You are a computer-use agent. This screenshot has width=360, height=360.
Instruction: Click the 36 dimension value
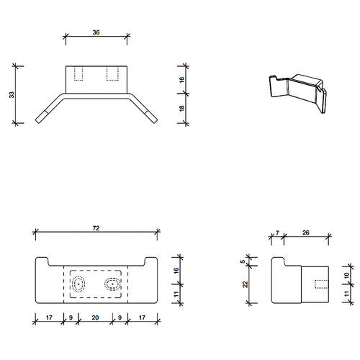click(x=96, y=31)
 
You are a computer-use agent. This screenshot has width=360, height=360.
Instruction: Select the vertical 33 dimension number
click(x=12, y=94)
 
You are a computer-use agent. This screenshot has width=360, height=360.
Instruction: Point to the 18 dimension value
click(x=182, y=109)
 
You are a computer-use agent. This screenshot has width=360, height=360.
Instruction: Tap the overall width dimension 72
click(x=96, y=228)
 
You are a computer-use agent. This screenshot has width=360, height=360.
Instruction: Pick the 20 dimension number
click(x=96, y=317)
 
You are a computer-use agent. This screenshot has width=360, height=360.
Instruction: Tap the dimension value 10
click(x=346, y=274)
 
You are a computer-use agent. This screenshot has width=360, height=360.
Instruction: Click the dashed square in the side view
click(x=321, y=284)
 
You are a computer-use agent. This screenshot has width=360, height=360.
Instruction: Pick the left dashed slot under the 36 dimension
click(x=80, y=73)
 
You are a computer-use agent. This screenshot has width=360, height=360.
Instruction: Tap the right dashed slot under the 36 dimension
click(x=113, y=73)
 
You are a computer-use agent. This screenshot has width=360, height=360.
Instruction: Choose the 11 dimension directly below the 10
click(x=346, y=292)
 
